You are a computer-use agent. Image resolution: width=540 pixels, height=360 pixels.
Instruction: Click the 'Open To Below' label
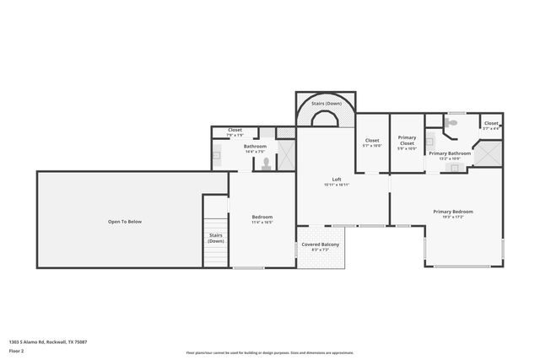(124, 221)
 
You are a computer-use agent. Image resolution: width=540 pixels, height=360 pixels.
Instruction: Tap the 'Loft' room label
(337, 179)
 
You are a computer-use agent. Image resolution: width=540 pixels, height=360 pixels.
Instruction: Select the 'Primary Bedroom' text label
(453, 212)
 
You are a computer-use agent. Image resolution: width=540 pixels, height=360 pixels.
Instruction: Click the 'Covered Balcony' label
(321, 244)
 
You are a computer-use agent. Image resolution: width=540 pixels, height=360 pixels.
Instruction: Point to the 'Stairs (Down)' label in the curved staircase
(325, 103)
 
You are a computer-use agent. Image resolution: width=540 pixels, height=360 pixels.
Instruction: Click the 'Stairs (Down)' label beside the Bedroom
(216, 238)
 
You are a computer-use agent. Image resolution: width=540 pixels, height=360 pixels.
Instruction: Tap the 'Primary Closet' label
(407, 140)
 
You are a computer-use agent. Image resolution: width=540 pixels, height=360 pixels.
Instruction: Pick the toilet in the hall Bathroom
(267, 164)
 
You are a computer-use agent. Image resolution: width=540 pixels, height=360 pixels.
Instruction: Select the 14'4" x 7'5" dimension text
(255, 152)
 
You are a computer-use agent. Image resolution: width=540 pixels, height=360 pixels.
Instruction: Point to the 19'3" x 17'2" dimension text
(453, 218)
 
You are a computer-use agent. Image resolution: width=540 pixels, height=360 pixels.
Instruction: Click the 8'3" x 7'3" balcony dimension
(321, 250)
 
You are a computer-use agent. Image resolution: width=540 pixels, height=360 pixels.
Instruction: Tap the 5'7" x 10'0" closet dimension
(372, 146)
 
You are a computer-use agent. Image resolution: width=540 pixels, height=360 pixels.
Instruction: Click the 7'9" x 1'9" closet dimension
(235, 135)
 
